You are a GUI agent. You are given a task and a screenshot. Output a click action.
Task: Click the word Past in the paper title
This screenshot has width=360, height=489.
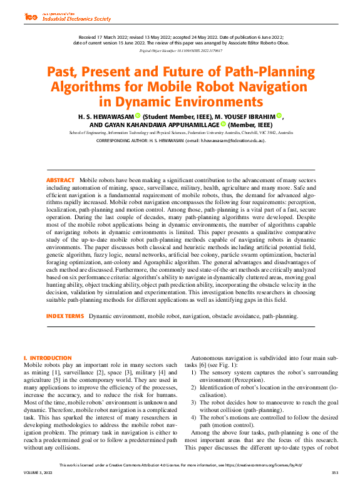tap(65, 71)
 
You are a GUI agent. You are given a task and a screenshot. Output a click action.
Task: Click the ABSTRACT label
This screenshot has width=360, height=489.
tap(60, 180)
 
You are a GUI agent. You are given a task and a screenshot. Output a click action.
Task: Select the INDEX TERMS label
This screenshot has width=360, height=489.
tap(65, 316)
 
